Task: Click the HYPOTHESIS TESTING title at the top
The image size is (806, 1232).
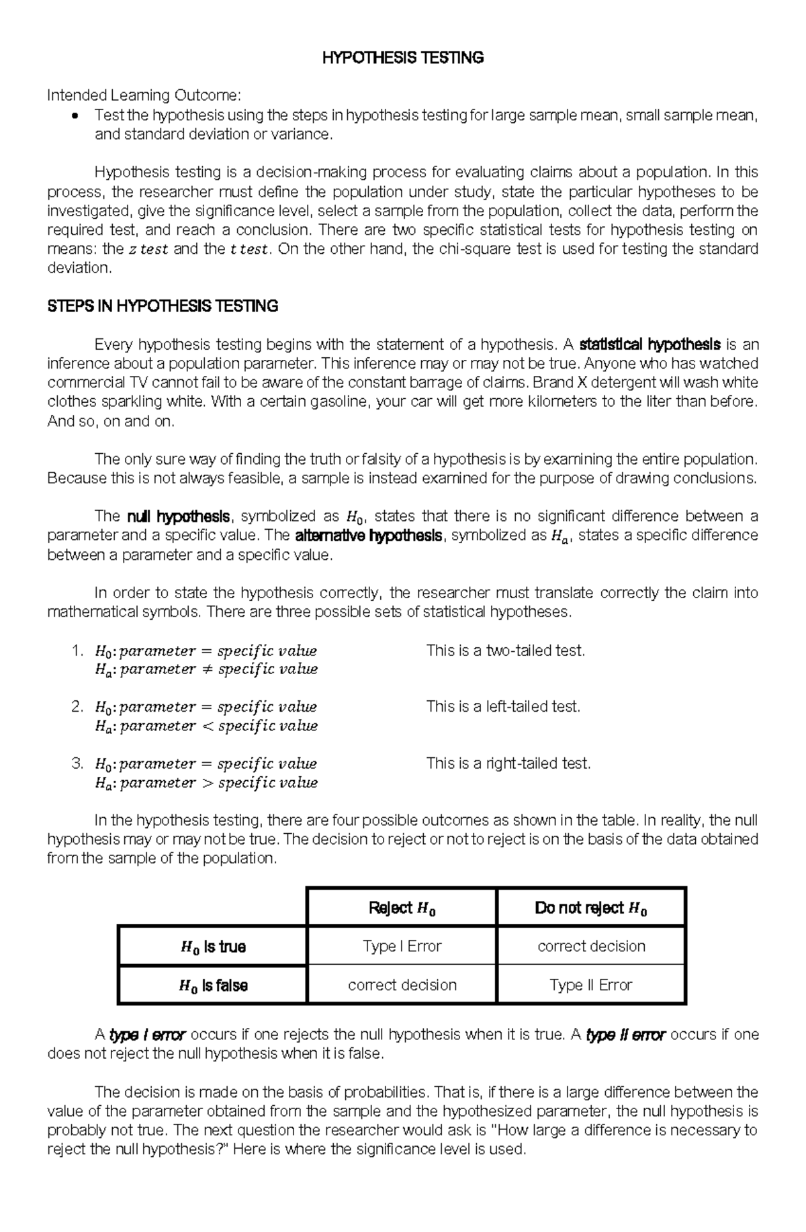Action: click(403, 58)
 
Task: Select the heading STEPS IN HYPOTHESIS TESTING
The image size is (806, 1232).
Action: click(163, 307)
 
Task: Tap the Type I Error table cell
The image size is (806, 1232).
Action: click(402, 946)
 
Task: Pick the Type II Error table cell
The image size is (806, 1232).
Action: click(590, 985)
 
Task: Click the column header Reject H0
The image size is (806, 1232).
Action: click(402, 908)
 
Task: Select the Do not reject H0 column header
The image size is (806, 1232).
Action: click(590, 908)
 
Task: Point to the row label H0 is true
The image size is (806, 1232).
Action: click(213, 947)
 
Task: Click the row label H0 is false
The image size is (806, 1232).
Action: click(213, 986)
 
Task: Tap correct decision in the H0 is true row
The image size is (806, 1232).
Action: click(590, 946)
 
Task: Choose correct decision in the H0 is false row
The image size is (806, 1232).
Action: click(402, 985)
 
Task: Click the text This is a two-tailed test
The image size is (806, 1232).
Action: click(506, 651)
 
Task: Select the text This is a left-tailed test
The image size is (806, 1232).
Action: click(503, 707)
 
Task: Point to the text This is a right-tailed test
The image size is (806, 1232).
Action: click(508, 763)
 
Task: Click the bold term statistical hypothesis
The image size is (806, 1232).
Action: click(650, 345)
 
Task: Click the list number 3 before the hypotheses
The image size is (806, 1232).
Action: click(77, 763)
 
